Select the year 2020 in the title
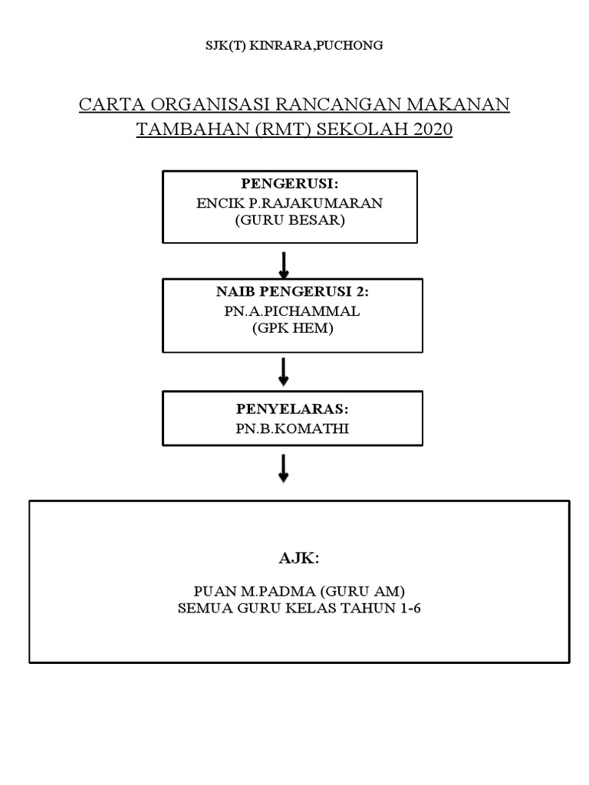433,130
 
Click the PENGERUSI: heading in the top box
289,184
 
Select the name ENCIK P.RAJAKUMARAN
289,203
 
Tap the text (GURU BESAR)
290,221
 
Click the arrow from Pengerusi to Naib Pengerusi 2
284,264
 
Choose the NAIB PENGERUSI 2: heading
293,293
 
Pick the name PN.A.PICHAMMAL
293,311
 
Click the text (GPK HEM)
293,329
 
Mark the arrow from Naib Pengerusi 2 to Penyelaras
284,372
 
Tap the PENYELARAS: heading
292,410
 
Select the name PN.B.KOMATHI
292,429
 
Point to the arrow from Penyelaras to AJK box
284,468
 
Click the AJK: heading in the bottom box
298,558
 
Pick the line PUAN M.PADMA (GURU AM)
299,591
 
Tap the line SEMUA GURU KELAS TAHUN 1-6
299,609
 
